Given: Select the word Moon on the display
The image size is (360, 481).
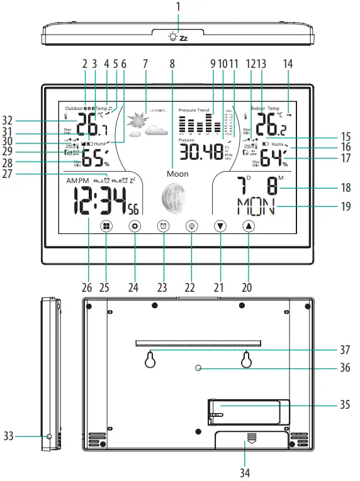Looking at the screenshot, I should click(178, 172).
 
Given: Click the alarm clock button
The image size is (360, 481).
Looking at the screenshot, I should click(163, 226).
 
